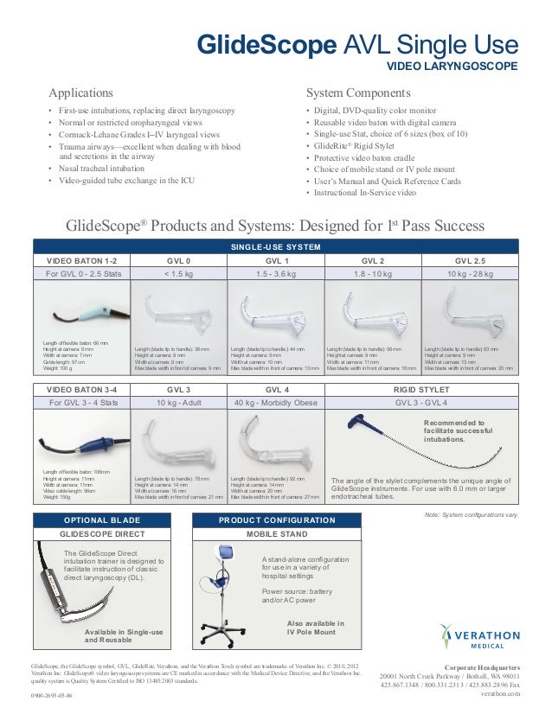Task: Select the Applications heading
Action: (x=80, y=92)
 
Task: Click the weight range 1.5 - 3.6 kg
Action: (x=276, y=274)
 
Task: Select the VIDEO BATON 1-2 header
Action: (x=80, y=259)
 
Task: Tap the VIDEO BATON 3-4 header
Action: (x=80, y=389)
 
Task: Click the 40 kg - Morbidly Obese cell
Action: (x=276, y=403)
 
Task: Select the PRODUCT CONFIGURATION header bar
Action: (x=277, y=520)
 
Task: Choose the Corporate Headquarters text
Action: (x=493, y=668)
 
